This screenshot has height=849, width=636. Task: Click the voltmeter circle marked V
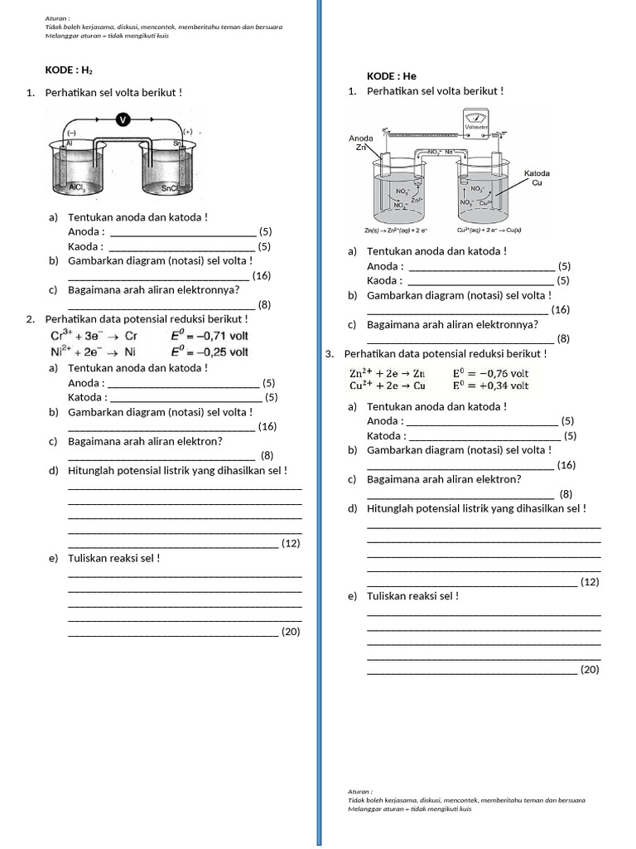coord(123,120)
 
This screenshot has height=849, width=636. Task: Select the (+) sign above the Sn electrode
coord(187,132)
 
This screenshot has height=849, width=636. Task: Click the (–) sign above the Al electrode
coord(72,133)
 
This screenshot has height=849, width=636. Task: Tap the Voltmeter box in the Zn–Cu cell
coord(476,123)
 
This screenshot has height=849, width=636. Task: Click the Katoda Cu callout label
coord(536,177)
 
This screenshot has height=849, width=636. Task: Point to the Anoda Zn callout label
coord(361,143)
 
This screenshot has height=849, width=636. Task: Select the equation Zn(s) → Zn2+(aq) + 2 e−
coord(396,230)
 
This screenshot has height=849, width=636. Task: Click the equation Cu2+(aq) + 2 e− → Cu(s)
coord(489,230)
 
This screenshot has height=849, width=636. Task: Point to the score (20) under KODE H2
coord(290,632)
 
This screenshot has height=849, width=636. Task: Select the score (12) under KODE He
coord(590,583)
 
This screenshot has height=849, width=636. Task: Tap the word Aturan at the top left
coord(57,17)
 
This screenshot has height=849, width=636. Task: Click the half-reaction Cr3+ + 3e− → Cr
coord(94,336)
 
